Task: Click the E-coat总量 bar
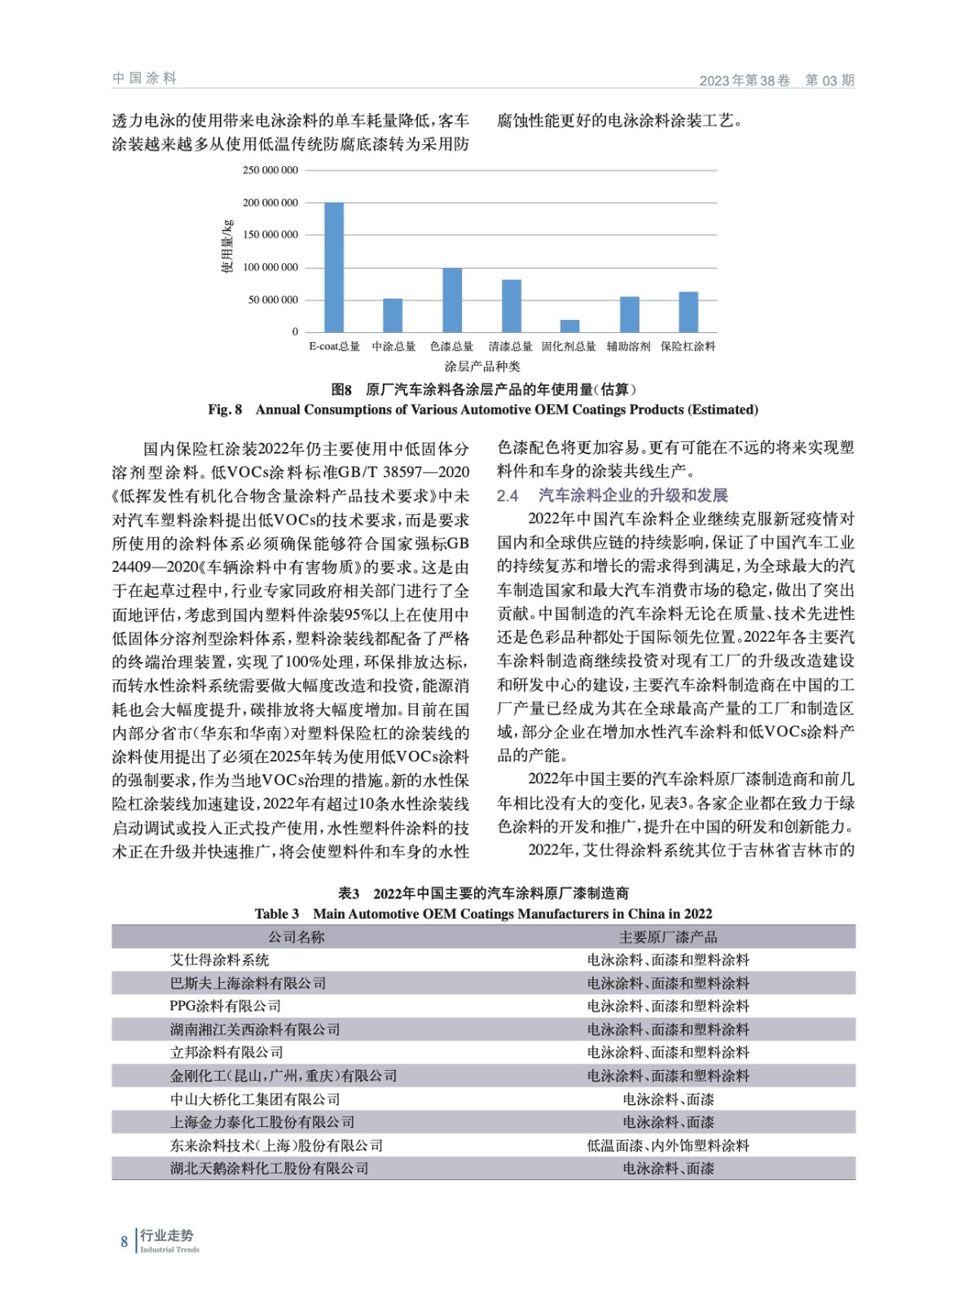click(334, 267)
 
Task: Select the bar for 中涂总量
click(393, 315)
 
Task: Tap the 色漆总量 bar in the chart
click(452, 300)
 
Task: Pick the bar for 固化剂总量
click(570, 326)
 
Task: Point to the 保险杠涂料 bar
click(688, 312)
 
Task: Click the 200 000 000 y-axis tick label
click(270, 203)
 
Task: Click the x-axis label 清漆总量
click(510, 347)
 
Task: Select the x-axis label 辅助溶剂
click(628, 347)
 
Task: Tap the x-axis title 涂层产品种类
click(482, 366)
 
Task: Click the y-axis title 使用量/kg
click(227, 246)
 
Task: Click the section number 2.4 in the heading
click(508, 495)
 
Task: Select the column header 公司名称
click(297, 937)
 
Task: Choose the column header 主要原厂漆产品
click(668, 937)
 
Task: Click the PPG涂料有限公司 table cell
click(226, 1007)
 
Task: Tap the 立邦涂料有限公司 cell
click(226, 1052)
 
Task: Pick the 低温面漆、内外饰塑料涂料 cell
click(668, 1145)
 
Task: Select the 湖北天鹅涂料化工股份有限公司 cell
click(269, 1169)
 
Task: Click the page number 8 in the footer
click(125, 1242)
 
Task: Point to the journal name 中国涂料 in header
click(145, 78)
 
